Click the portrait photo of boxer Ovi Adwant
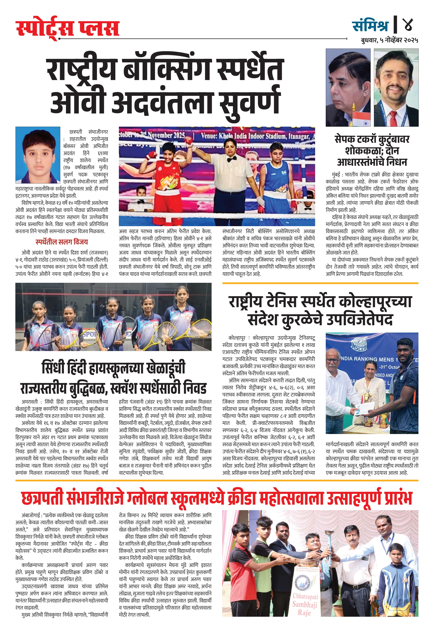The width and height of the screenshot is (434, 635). [38, 155]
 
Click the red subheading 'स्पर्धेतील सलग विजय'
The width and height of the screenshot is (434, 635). [62, 242]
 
